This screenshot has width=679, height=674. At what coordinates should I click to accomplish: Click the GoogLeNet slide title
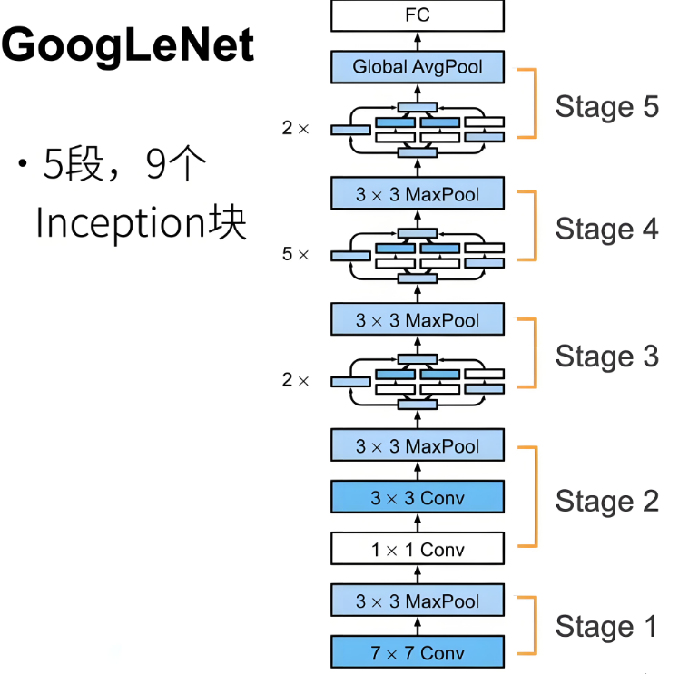pyautogui.click(x=128, y=46)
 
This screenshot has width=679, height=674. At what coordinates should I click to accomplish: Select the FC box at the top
pyautogui.click(x=417, y=15)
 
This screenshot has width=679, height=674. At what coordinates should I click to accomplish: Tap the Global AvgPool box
pyautogui.click(x=417, y=67)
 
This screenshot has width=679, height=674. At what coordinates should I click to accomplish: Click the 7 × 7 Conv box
pyautogui.click(x=417, y=653)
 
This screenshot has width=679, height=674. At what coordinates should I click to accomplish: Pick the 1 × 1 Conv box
pyautogui.click(x=417, y=550)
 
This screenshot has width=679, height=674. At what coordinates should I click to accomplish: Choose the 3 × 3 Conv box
pyautogui.click(x=417, y=498)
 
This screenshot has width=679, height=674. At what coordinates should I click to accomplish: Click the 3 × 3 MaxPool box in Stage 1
pyautogui.click(x=417, y=601)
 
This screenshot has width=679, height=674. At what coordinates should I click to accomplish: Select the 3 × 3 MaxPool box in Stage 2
pyautogui.click(x=417, y=446)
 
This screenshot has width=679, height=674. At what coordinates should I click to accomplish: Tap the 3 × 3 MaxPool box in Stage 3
pyautogui.click(x=417, y=320)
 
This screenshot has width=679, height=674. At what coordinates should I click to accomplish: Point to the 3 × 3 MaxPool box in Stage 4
pyautogui.click(x=417, y=194)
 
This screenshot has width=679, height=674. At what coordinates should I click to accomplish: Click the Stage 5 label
pyautogui.click(x=606, y=106)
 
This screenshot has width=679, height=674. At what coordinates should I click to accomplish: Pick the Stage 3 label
pyautogui.click(x=606, y=357)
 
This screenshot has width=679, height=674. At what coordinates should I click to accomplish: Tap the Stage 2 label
pyautogui.click(x=606, y=501)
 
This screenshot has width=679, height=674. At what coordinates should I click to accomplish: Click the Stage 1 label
pyautogui.click(x=606, y=626)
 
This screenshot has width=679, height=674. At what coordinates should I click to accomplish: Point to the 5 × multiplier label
pyautogui.click(x=295, y=255)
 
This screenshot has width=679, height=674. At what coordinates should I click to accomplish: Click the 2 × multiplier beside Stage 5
pyautogui.click(x=295, y=129)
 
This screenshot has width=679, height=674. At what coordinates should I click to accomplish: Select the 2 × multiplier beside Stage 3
pyautogui.click(x=295, y=381)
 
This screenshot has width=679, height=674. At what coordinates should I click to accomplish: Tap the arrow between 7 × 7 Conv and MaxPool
pyautogui.click(x=417, y=627)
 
